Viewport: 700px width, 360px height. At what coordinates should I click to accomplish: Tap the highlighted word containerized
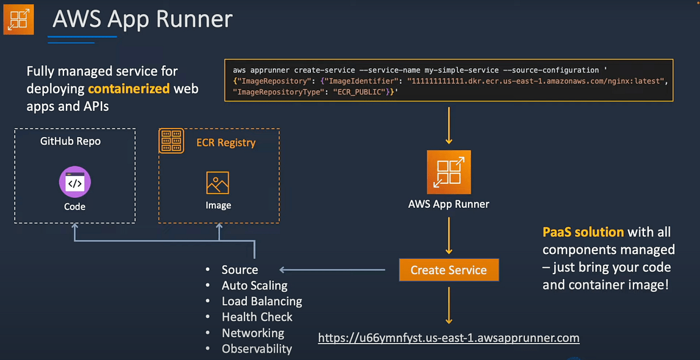click(x=128, y=89)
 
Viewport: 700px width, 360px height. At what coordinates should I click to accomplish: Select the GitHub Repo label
click(x=70, y=141)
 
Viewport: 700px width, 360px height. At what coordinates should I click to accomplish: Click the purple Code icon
click(x=75, y=182)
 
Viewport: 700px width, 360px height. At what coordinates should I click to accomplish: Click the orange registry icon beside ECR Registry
click(x=171, y=142)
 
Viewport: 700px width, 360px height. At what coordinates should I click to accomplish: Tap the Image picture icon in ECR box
click(x=218, y=183)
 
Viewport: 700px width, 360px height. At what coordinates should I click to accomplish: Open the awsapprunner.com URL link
click(x=448, y=338)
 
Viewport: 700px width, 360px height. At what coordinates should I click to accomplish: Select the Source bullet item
click(x=239, y=270)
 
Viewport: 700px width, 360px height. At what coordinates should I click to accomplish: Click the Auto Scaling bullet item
click(x=254, y=285)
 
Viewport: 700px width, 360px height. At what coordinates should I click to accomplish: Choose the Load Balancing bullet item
click(x=261, y=301)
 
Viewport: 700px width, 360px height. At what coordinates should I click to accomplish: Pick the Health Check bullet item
click(x=257, y=317)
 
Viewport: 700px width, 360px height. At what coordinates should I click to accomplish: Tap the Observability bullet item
click(x=257, y=349)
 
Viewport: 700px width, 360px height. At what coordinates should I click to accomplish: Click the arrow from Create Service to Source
click(x=332, y=270)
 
